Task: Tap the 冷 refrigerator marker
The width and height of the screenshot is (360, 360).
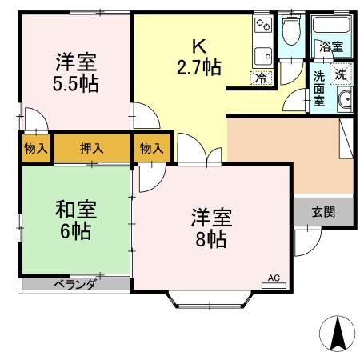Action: click(x=261, y=78)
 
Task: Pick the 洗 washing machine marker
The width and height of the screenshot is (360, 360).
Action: click(x=342, y=74)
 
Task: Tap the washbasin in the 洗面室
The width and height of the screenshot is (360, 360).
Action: click(x=345, y=101)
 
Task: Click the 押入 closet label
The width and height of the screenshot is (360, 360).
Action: click(x=90, y=148)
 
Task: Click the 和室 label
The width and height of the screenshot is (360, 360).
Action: click(x=76, y=211)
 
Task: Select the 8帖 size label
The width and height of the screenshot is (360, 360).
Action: click(x=211, y=238)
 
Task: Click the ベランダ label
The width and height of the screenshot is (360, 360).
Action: click(x=75, y=283)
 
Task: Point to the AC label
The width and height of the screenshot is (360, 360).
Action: click(x=274, y=278)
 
